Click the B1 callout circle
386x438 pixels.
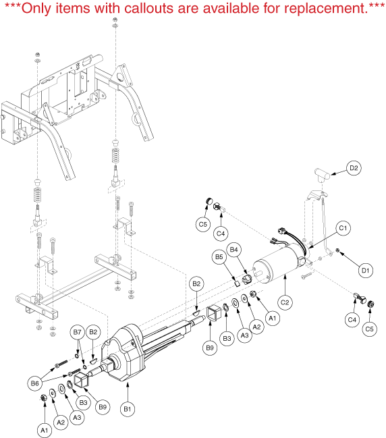pos(128,409)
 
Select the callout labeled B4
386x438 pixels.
pos(233,250)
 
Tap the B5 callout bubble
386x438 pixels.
pos(219,256)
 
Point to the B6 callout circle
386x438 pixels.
pos(35,383)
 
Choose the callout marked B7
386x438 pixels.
pos(77,332)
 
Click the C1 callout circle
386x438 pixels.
pos(343,228)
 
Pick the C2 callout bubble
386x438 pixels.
pos(285,302)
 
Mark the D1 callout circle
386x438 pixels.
pos(365,270)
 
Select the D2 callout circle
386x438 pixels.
pos(354,168)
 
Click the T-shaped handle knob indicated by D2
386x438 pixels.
pos(322,175)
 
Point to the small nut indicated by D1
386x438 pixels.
pos(337,250)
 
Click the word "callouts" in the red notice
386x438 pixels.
pos(149,8)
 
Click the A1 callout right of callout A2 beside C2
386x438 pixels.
pos(273,318)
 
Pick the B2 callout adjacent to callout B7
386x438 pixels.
pos(93,332)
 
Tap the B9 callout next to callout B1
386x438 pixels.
pos(103,407)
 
